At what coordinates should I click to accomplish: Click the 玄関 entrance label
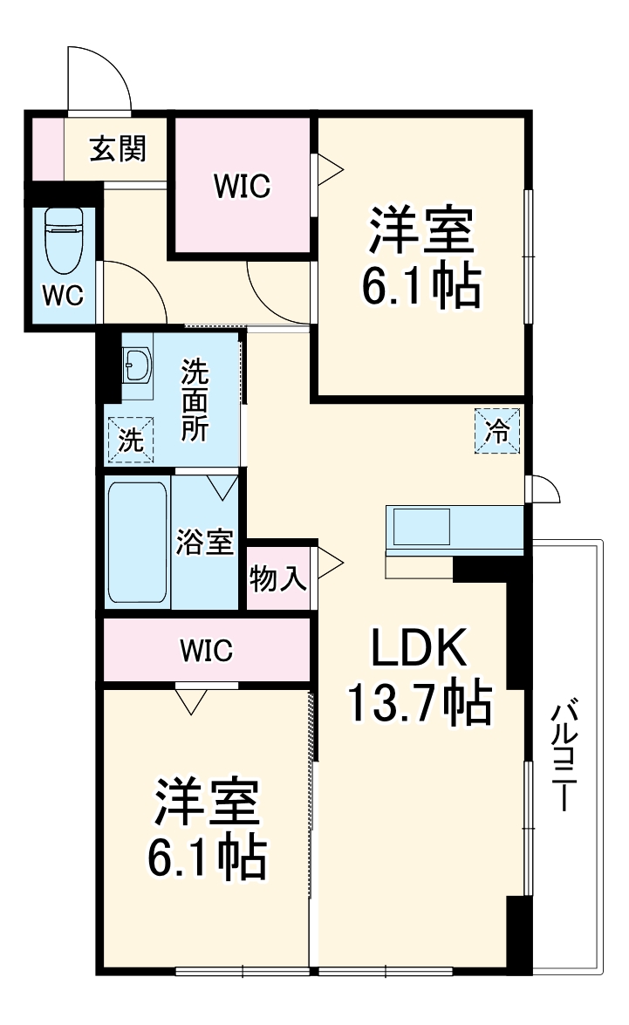tap(117, 150)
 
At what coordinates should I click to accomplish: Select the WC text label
tap(63, 296)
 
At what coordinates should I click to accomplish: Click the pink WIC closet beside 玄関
tap(243, 186)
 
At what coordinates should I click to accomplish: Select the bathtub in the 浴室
tap(137, 541)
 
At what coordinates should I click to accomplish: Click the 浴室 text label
tap(205, 542)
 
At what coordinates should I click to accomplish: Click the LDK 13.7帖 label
tap(420, 675)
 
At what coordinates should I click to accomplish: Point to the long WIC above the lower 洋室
tap(206, 650)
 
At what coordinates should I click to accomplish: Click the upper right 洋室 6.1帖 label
tap(421, 258)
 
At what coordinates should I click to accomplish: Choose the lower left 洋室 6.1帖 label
tap(207, 829)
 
